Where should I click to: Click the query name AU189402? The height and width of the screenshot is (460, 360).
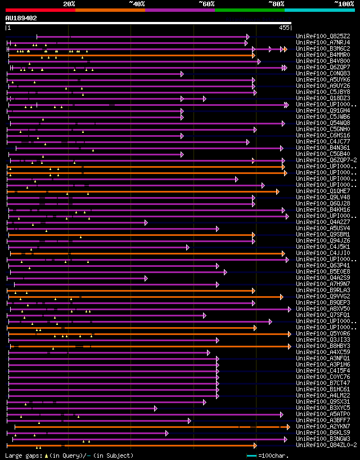click(x=21, y=18)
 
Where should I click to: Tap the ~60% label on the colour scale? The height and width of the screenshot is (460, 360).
click(x=206, y=3)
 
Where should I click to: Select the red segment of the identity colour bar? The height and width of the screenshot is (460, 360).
click(x=40, y=10)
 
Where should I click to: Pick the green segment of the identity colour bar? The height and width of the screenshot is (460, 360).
click(x=249, y=10)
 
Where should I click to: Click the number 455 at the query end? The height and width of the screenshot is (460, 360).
click(x=283, y=28)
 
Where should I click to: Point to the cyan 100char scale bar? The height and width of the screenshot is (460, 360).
click(x=251, y=455)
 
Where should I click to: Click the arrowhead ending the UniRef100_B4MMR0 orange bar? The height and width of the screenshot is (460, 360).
click(x=254, y=55)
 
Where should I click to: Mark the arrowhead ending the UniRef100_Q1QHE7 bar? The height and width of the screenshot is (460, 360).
click(x=277, y=191)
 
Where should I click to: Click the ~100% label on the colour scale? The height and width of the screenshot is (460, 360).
click(x=344, y=3)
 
